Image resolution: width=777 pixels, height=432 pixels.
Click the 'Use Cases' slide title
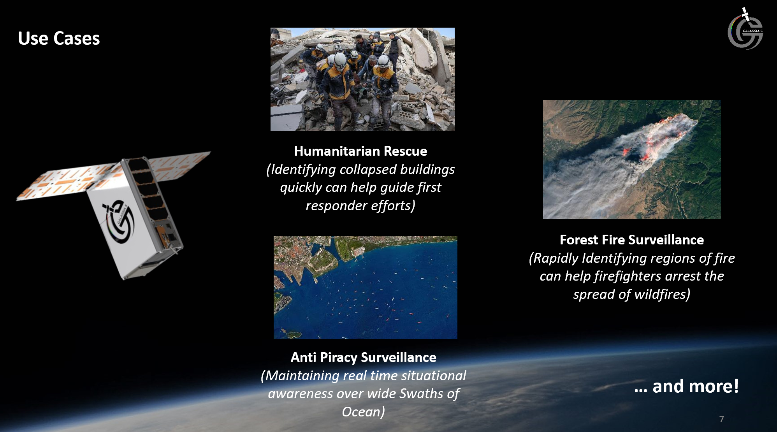point(59,39)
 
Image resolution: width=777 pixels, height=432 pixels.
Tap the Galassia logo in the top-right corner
point(745,28)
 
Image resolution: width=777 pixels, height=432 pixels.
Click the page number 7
point(721,419)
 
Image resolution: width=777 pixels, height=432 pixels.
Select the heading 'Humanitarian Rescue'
point(360,151)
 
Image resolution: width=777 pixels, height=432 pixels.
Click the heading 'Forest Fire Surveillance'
point(631,240)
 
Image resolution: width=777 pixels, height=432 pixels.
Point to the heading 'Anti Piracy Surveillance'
point(363,357)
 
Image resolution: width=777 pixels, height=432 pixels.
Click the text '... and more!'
point(686,386)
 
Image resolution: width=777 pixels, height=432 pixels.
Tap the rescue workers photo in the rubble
point(362,79)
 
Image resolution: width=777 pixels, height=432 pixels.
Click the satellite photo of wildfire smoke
point(632,160)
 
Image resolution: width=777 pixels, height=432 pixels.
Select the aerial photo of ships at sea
point(365,287)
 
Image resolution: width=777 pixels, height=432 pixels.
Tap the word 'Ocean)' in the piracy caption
point(363,412)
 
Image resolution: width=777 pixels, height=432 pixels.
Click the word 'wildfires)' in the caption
point(662,294)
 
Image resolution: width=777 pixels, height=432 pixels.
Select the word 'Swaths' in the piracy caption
point(421,393)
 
